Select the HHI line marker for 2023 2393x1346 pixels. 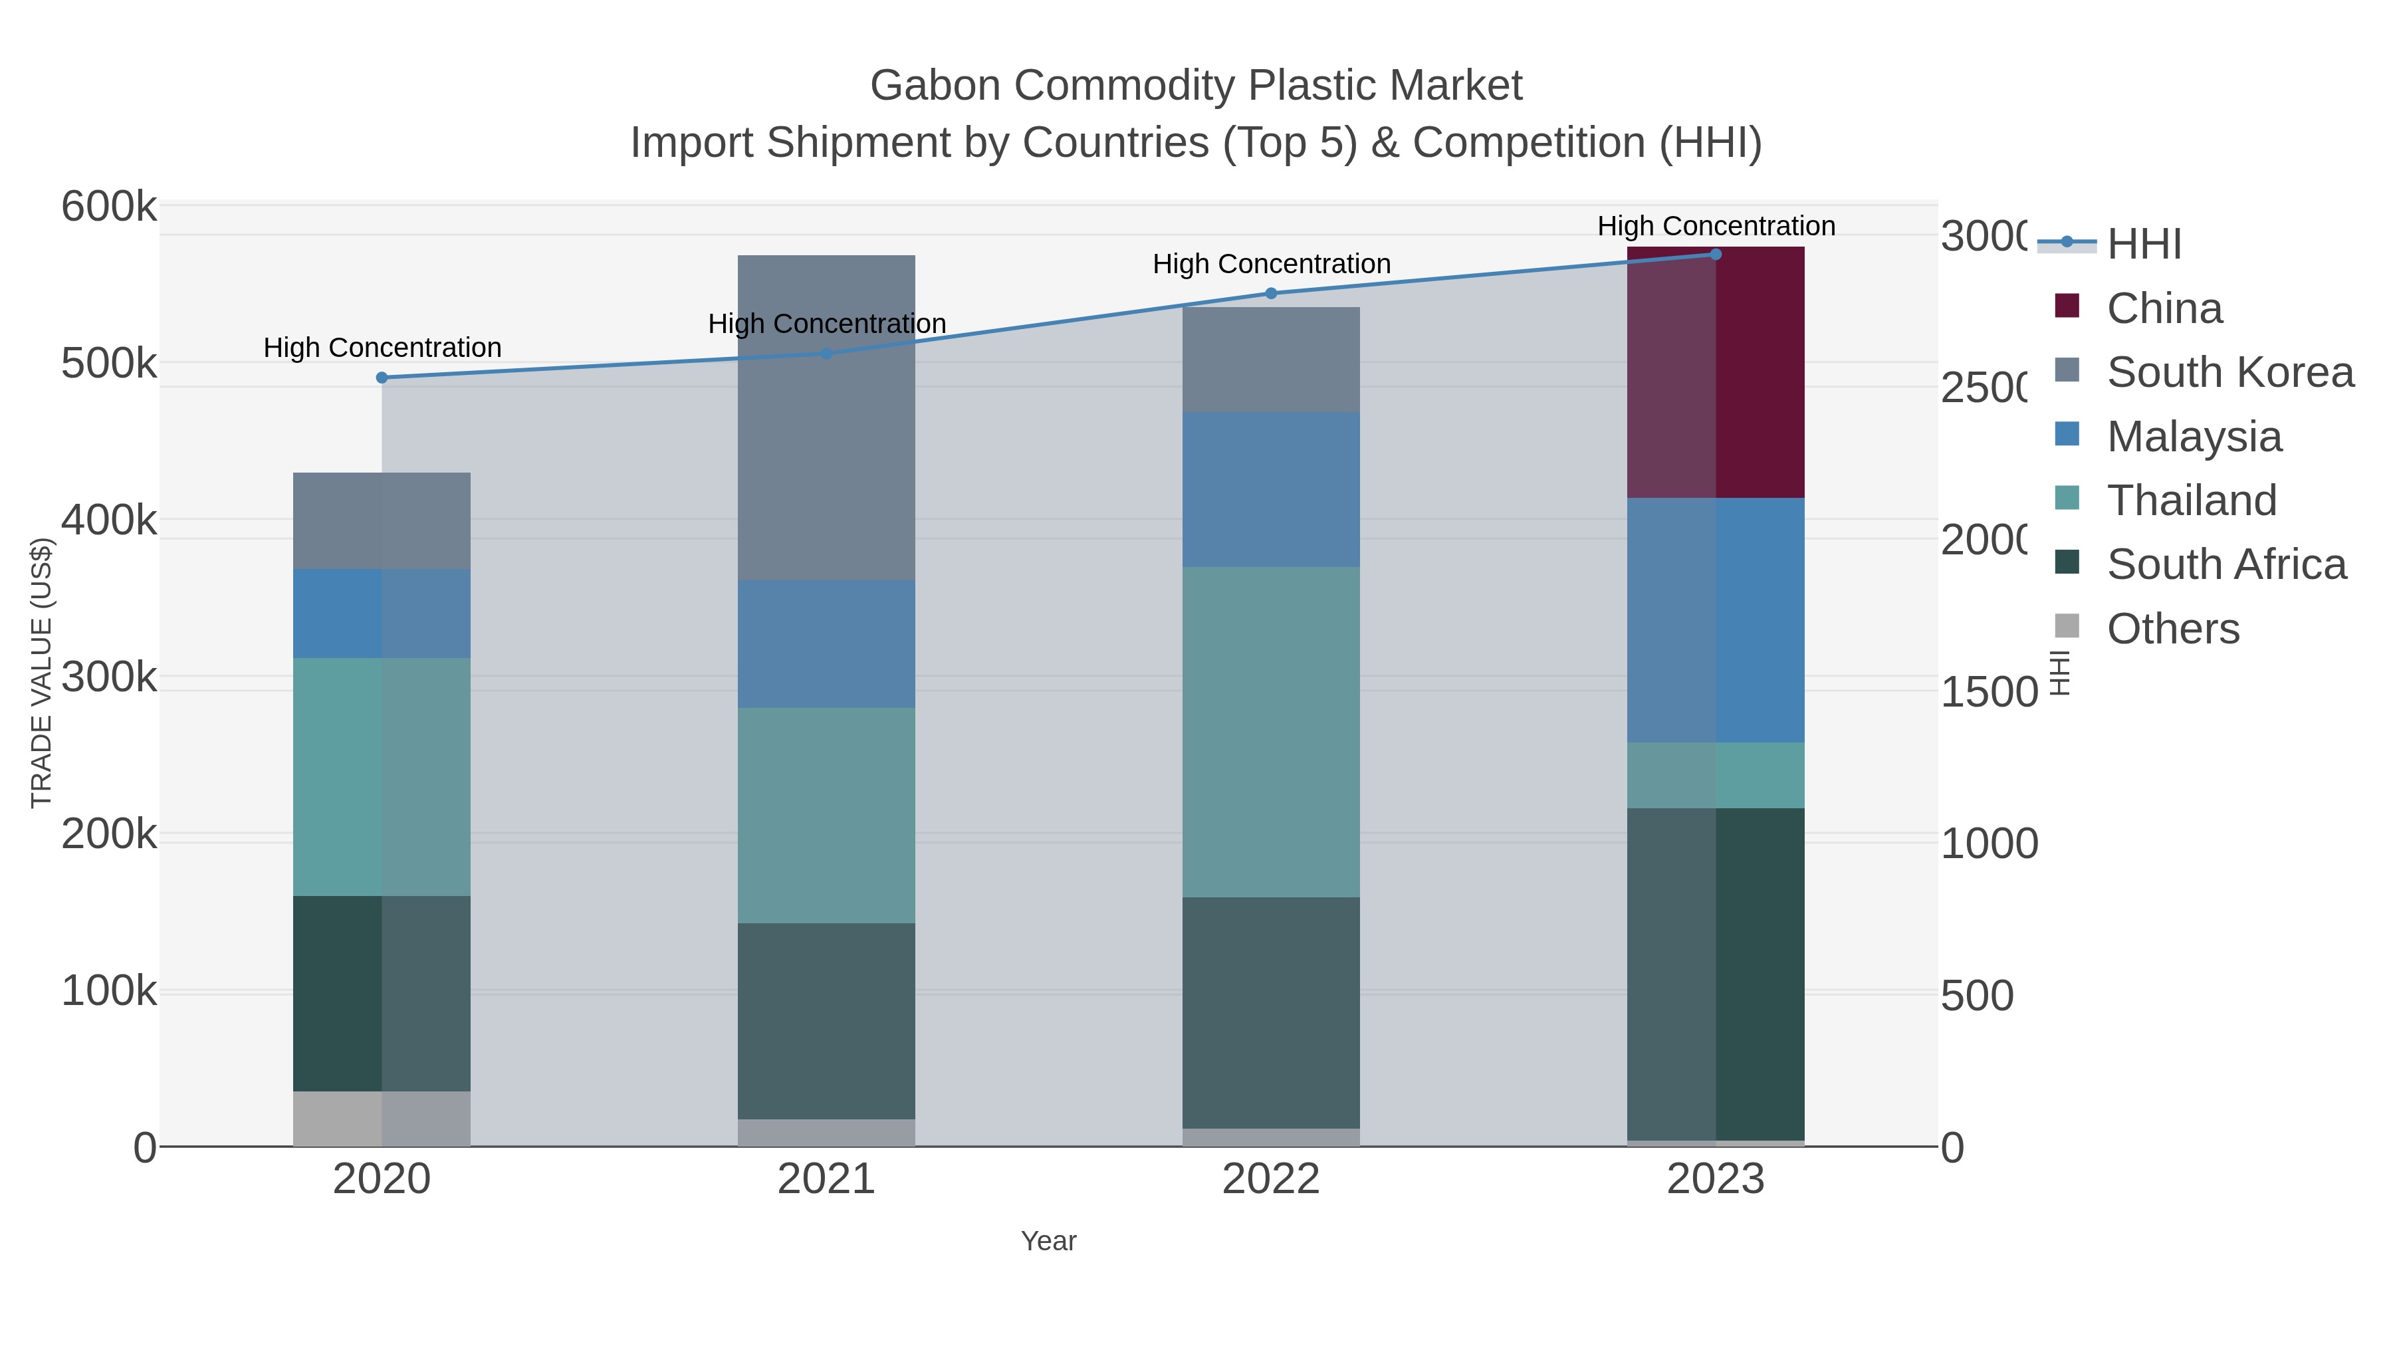1716,255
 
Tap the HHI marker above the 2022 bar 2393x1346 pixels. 1271,294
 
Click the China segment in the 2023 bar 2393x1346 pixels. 1716,372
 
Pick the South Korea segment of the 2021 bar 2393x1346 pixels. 826,418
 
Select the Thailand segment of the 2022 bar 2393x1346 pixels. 1271,732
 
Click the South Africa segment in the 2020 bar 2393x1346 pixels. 382,993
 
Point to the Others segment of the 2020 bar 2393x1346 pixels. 382,1119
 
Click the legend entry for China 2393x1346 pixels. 2164,308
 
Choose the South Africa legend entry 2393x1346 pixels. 2225,565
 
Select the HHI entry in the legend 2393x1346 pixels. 2143,245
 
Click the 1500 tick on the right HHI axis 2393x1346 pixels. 1988,692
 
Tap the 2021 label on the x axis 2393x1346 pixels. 826,1180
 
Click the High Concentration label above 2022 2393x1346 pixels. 1271,264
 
